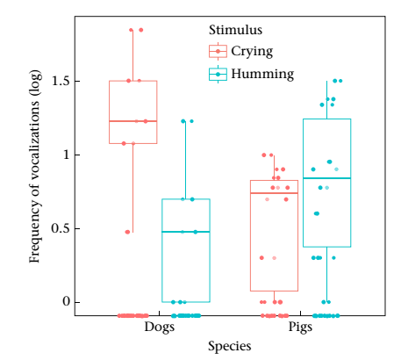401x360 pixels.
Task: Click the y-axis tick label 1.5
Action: click(61, 81)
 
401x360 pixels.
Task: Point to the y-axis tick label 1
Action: click(67, 155)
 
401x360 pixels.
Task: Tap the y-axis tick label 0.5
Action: click(61, 228)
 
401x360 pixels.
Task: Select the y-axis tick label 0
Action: click(67, 302)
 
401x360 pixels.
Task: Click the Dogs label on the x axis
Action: click(160, 327)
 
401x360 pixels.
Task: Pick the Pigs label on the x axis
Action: click(300, 327)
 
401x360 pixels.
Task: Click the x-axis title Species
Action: click(230, 346)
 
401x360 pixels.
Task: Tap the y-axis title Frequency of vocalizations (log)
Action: click(34, 166)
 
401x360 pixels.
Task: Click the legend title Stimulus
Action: click(235, 30)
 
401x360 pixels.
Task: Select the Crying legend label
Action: click(252, 52)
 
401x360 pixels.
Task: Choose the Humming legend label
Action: click(262, 74)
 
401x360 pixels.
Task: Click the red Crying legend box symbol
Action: click(218, 51)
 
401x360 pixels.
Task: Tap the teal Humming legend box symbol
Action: click(218, 75)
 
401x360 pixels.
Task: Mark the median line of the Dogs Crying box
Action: click(133, 121)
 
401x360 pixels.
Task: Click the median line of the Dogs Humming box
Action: click(186, 232)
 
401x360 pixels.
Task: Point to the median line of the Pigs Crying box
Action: click(275, 193)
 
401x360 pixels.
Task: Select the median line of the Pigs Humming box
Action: click(327, 178)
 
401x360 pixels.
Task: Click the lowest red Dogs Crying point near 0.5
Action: click(127, 232)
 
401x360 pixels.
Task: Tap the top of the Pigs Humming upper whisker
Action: click(327, 81)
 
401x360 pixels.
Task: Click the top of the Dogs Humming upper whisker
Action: click(186, 121)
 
